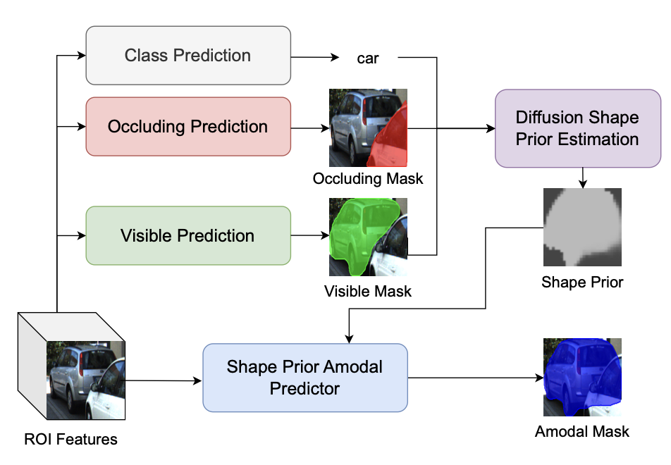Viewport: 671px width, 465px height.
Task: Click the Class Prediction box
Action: pos(188,56)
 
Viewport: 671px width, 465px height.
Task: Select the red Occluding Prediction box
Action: pos(188,127)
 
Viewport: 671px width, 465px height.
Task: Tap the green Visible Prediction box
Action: pos(188,236)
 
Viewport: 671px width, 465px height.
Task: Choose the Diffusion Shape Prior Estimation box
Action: pos(578,128)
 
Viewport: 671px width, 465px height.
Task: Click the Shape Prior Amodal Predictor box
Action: pos(305,378)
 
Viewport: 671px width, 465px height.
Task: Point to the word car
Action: pos(368,58)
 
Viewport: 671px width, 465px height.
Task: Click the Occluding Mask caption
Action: pos(368,178)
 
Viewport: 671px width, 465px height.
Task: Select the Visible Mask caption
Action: pos(368,291)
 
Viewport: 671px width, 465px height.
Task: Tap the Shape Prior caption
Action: pos(582,283)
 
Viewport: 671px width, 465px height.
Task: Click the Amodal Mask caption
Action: pos(582,432)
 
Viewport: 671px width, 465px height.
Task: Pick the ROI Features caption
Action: pos(70,440)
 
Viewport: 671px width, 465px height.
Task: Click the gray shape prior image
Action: pos(582,227)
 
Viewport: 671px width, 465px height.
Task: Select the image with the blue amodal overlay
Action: pos(582,378)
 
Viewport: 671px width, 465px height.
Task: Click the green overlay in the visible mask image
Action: pos(362,233)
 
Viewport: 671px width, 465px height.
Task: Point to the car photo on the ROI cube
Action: pos(85,380)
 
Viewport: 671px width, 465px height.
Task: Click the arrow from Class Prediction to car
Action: pos(315,57)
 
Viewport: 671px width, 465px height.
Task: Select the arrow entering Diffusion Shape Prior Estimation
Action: pos(451,128)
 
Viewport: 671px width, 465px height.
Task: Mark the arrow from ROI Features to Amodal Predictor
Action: pos(164,380)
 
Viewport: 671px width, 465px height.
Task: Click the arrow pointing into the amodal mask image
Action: pos(476,378)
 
